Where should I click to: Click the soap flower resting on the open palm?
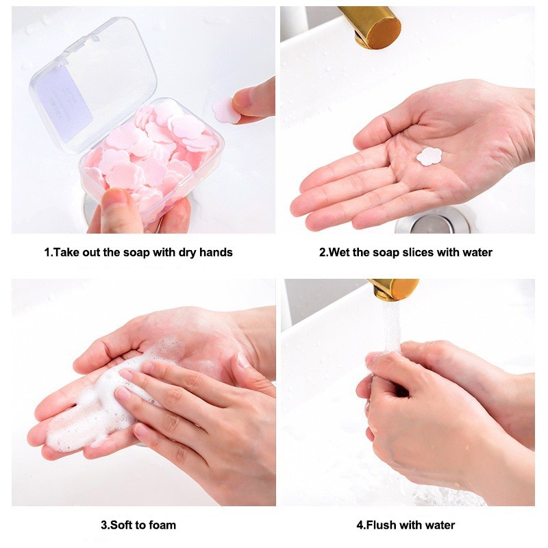(x=429, y=156)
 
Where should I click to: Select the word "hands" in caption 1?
(x=215, y=252)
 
